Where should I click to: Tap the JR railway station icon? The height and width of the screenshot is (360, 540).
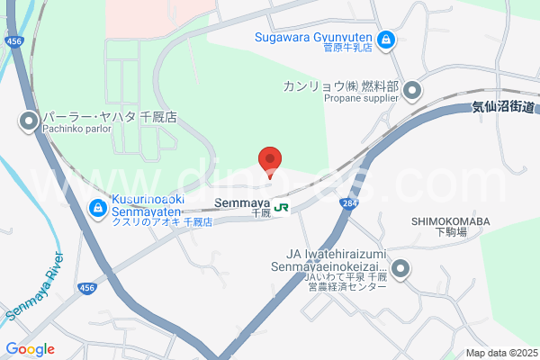coord(282,208)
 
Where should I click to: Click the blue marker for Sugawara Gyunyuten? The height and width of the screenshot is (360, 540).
coord(385,40)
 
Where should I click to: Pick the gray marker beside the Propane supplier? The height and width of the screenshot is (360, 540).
coord(412,89)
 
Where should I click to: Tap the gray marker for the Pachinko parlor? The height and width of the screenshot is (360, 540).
coord(29,120)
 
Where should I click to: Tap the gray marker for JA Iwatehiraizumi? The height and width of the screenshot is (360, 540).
coord(400,267)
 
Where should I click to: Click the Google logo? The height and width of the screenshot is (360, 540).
coord(30,349)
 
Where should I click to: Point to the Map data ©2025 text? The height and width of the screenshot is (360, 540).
coord(500,353)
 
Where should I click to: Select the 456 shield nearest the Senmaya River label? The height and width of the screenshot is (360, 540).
coord(86,262)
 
